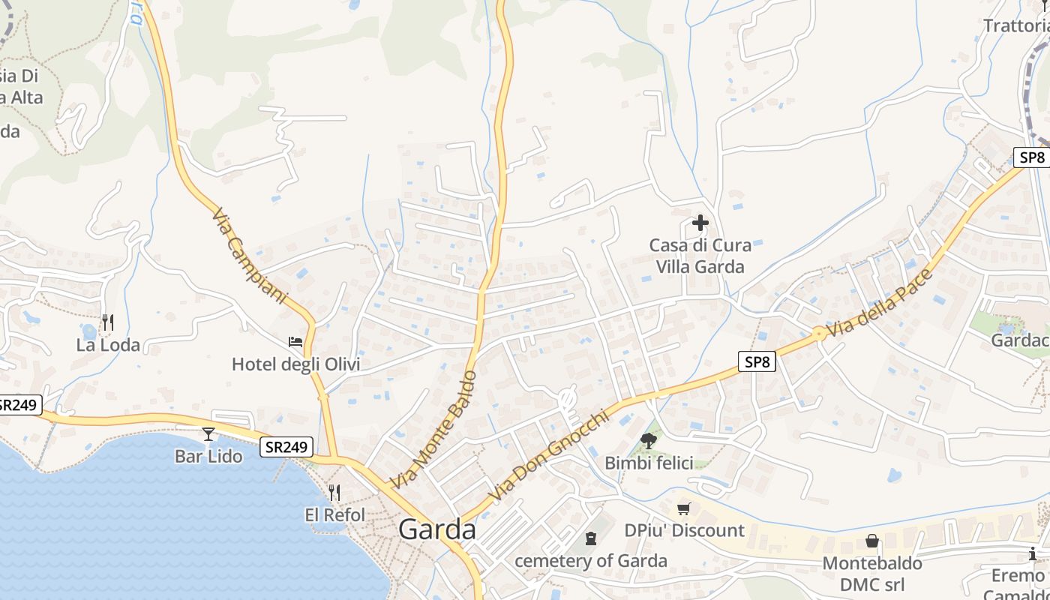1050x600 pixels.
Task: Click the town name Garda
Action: [437, 529]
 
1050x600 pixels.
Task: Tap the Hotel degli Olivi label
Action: [295, 364]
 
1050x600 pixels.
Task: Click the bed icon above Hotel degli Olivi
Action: [295, 342]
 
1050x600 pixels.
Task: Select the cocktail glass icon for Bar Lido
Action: [208, 434]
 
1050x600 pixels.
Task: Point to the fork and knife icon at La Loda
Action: [108, 322]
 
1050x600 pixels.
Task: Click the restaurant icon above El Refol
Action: [334, 493]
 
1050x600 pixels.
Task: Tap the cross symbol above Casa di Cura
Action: [700, 223]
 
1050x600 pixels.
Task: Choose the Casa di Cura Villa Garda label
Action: [700, 256]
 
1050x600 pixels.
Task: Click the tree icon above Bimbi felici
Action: [649, 441]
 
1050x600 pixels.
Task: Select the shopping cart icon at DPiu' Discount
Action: [683, 509]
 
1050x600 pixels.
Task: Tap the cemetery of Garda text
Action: [591, 561]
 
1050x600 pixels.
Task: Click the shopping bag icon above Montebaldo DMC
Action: [872, 541]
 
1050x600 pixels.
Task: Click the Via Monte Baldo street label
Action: [433, 429]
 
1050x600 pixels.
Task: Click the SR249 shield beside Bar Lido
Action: [286, 447]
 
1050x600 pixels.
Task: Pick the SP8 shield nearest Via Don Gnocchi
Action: [756, 362]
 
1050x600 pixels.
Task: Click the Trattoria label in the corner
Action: [1016, 25]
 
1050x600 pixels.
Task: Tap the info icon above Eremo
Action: [1033, 554]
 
